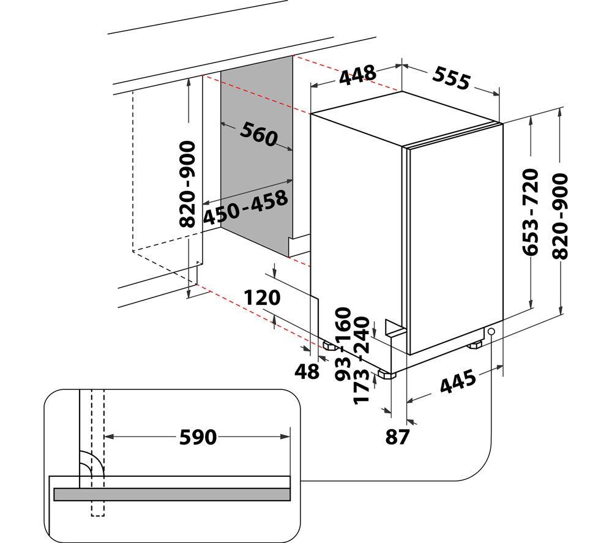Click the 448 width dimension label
357,75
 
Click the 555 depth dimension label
451,78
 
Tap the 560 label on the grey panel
258,134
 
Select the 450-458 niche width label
245,207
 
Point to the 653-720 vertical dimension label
531,212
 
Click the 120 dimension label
263,298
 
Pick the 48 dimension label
307,371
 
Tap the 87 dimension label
397,437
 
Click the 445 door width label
458,381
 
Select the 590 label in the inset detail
198,437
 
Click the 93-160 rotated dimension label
344,344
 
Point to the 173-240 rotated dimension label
360,361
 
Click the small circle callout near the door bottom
491,331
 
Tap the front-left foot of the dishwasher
386,375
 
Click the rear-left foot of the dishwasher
330,346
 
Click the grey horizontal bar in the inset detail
172,494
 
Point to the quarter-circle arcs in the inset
91,464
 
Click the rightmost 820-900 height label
560,216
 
